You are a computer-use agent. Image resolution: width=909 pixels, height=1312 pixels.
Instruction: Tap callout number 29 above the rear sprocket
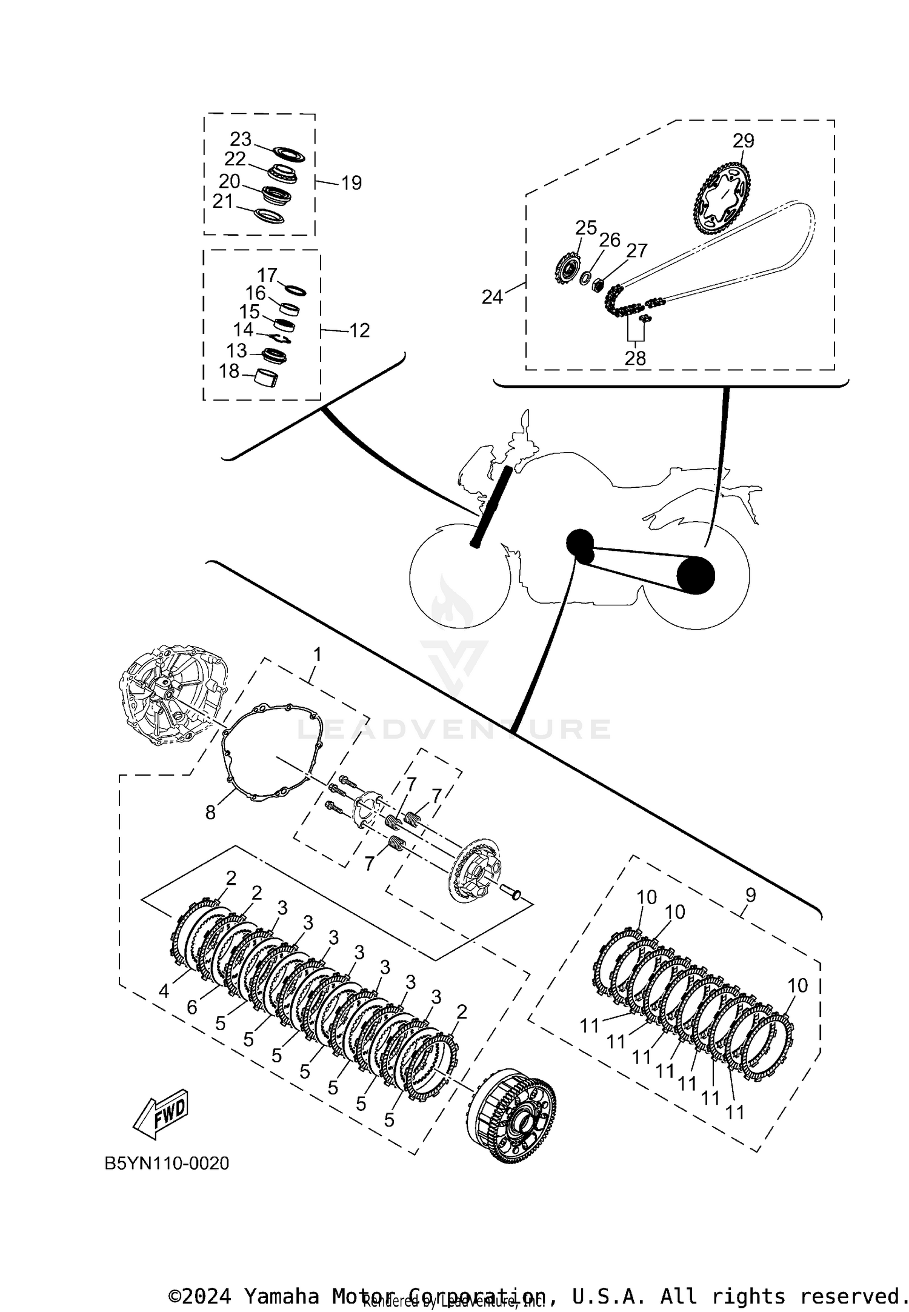743,141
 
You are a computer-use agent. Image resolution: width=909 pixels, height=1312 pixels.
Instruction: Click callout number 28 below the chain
635,358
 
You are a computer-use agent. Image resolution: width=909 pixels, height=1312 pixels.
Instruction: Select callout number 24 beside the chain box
492,297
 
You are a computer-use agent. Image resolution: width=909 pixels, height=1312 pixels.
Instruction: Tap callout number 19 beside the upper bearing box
351,182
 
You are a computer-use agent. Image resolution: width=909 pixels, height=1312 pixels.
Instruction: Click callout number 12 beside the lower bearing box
359,330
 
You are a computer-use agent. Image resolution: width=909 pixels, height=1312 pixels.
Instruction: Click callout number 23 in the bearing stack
241,139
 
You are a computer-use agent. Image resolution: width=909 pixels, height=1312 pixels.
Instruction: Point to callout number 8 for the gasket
210,813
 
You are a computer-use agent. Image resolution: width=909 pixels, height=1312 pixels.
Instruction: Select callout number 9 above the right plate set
750,894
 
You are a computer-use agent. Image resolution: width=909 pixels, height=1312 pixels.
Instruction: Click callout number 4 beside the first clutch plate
164,991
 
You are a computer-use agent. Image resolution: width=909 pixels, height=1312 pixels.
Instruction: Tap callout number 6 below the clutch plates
192,1007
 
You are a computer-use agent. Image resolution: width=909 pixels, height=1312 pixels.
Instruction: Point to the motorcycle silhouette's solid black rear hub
695,575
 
